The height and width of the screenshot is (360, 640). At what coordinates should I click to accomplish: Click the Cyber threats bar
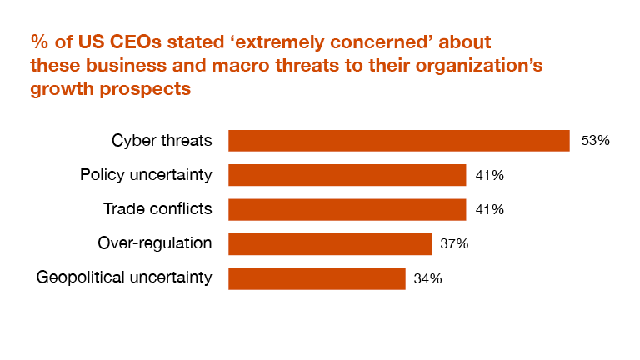point(398,141)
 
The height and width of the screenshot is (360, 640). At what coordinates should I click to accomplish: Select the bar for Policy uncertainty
point(347,175)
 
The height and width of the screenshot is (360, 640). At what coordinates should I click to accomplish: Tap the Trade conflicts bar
point(347,209)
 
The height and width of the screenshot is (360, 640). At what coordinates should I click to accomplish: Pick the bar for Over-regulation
point(329,243)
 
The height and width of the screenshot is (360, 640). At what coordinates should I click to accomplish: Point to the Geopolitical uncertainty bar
point(317,278)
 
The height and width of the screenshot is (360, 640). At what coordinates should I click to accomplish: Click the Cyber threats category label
point(162,141)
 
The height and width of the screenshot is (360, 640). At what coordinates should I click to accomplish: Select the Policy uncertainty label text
point(146,175)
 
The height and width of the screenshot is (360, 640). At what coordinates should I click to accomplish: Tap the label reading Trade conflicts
point(157,209)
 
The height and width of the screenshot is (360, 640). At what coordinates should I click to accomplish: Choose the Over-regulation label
point(154,243)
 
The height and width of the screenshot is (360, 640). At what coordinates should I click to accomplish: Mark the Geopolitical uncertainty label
point(124,278)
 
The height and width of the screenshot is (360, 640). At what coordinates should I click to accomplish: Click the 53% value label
point(596,141)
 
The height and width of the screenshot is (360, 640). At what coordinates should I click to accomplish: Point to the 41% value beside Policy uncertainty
point(490,175)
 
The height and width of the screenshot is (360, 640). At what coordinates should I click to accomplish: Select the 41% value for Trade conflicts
point(490,209)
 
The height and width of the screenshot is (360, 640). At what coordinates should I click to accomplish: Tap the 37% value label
point(455,243)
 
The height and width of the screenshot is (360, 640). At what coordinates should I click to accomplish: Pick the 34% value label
point(428,278)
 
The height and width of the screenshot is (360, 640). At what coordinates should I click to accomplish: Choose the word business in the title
point(115,65)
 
